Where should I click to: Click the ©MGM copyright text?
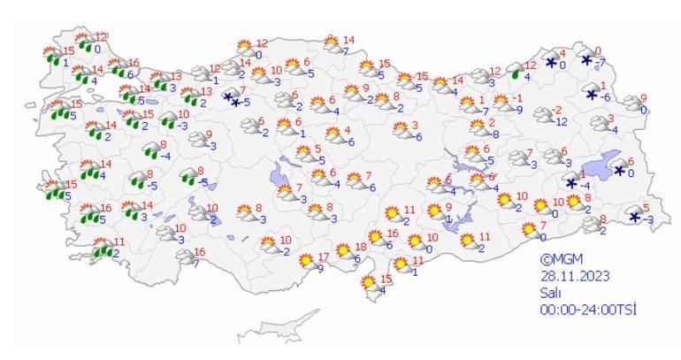click(562, 262)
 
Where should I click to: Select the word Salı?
click(549, 293)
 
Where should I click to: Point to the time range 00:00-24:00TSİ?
click(589, 309)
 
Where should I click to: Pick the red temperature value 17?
click(323, 257)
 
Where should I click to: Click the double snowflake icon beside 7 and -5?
click(233, 98)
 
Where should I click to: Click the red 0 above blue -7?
click(598, 50)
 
